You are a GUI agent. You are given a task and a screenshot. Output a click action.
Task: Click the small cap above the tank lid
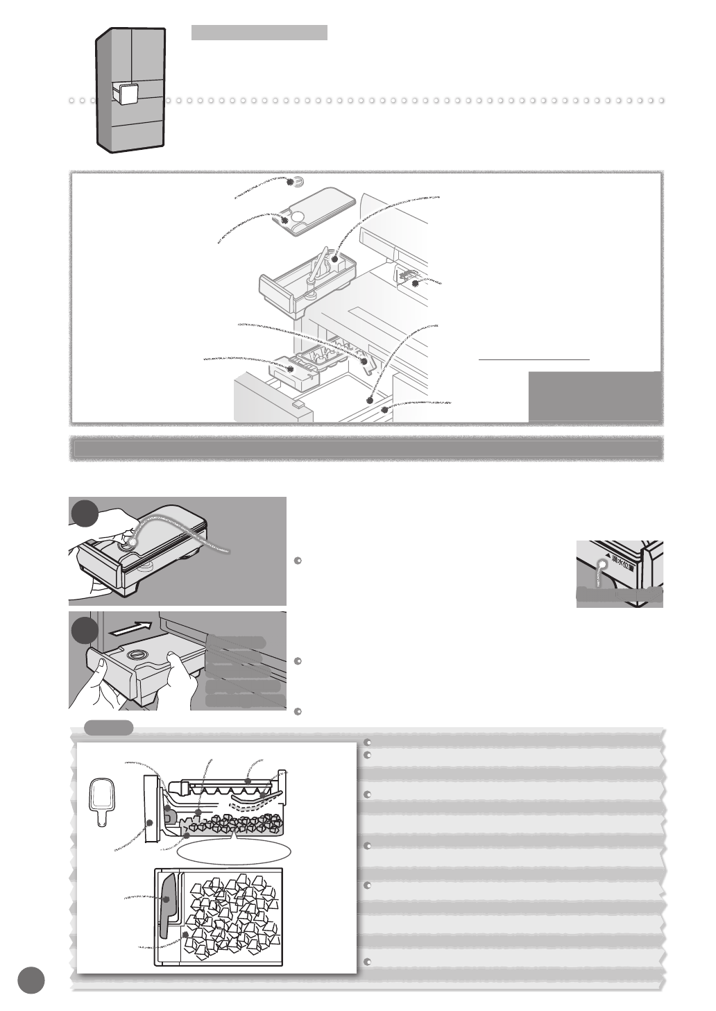[x=298, y=182]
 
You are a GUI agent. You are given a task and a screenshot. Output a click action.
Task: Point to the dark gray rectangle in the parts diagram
[x=593, y=396]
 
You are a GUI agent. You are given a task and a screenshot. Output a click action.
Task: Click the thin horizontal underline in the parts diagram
[x=534, y=360]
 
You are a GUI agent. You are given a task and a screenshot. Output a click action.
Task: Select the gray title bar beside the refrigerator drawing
[x=259, y=33]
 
